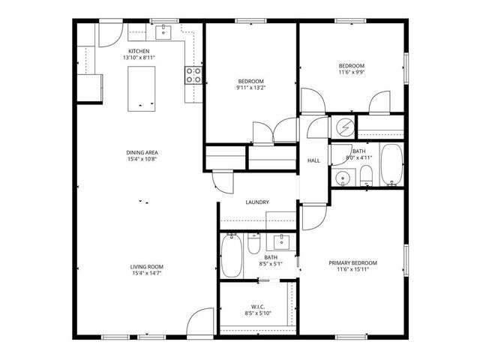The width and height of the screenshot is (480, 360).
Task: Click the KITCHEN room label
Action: coord(139,51)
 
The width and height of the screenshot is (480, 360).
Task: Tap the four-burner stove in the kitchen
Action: coord(193,74)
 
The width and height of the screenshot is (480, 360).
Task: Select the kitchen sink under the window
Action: coord(163,32)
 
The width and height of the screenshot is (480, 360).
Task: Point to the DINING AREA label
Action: coord(142,153)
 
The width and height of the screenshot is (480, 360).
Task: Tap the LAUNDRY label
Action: coord(257,202)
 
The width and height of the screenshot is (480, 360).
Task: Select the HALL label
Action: coord(313,160)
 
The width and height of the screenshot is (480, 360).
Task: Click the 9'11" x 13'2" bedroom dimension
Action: coord(251,88)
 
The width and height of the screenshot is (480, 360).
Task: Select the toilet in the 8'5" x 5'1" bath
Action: coord(253,244)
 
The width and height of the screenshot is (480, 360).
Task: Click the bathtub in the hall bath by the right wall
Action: coord(391,165)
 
